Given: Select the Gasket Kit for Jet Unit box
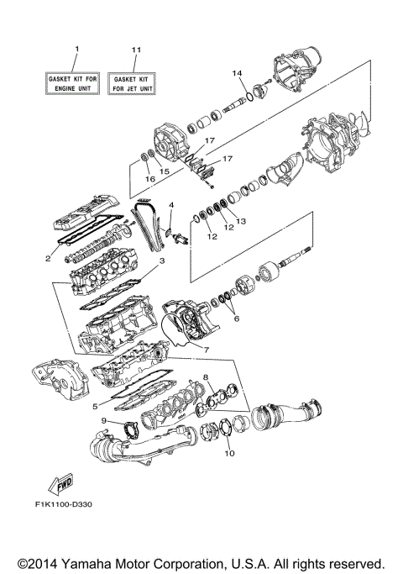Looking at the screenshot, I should [x=136, y=84].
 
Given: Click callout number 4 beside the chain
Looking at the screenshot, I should [x=171, y=205].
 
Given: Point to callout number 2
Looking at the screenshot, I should [x=50, y=259].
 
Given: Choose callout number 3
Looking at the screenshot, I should [x=162, y=261].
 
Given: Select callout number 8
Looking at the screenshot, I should [x=206, y=377].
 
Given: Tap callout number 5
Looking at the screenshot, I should [x=95, y=407].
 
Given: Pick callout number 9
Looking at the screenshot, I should [x=104, y=420].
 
